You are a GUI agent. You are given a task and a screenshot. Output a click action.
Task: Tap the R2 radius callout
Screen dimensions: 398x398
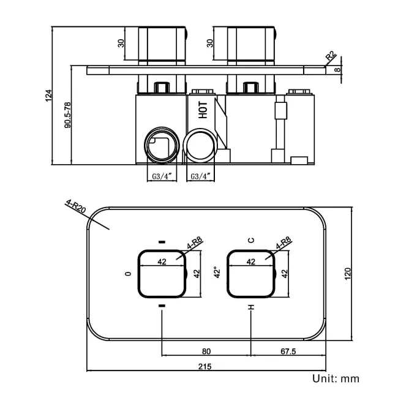point(331,58)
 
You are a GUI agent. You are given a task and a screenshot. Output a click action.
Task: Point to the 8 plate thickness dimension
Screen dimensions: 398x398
point(337,70)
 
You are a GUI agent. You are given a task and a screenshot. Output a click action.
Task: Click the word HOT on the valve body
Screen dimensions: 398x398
point(203,109)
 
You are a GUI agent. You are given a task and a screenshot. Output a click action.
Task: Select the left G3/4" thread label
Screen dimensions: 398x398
point(162,176)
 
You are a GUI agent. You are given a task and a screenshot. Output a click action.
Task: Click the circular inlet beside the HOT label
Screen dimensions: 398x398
point(200,146)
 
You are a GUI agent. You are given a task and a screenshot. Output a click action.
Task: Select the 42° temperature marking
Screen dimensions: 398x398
point(216,272)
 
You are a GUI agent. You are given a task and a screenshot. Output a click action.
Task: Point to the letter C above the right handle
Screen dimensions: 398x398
point(250,241)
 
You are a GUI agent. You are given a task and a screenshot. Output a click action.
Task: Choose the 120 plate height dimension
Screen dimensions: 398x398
point(348,274)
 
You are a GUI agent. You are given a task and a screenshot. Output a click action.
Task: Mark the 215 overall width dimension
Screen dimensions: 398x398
point(205,367)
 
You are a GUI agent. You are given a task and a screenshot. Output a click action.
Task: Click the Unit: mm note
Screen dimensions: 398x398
point(336,379)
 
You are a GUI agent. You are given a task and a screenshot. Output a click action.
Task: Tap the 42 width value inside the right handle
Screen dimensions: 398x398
point(250,261)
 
